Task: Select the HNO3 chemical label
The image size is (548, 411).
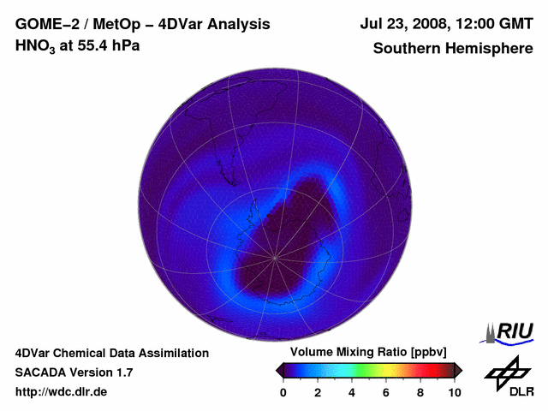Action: point(37,45)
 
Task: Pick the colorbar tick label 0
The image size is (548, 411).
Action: point(283,392)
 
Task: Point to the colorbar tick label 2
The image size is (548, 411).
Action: point(318,392)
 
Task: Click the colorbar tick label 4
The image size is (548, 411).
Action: point(352,392)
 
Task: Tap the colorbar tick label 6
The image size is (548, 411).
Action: point(386,392)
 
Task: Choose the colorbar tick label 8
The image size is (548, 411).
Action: point(420,392)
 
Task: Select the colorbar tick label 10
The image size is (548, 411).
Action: point(455,392)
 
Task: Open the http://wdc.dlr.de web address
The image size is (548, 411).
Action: point(62,392)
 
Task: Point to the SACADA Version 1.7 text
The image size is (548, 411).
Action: point(74,372)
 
